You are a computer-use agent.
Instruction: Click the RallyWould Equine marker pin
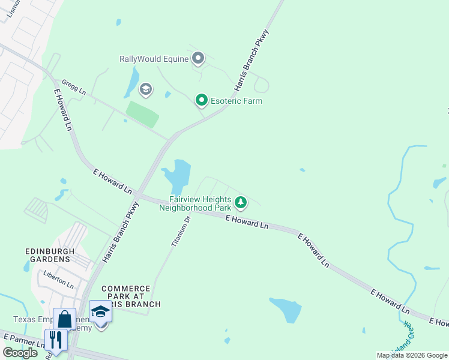[x=198, y=58]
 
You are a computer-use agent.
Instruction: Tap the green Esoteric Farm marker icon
[x=202, y=100]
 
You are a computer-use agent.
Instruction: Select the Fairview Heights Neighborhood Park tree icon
[x=241, y=202]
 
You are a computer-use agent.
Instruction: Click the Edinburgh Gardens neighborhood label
[x=49, y=255]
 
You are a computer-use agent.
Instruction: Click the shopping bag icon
[x=64, y=319]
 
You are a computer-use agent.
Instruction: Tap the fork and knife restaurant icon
[x=56, y=340]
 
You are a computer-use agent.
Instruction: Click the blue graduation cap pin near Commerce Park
[x=101, y=312]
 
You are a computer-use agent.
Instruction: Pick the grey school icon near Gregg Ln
[x=145, y=90]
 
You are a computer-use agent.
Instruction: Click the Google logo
[x=20, y=353]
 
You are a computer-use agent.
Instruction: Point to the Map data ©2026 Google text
[x=411, y=355]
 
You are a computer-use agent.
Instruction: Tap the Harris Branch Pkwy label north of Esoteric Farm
[x=252, y=60]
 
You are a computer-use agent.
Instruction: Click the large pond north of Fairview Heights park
[x=178, y=173]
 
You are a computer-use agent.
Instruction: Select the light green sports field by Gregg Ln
[x=142, y=114]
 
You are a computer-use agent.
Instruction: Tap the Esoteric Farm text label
[x=237, y=101]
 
